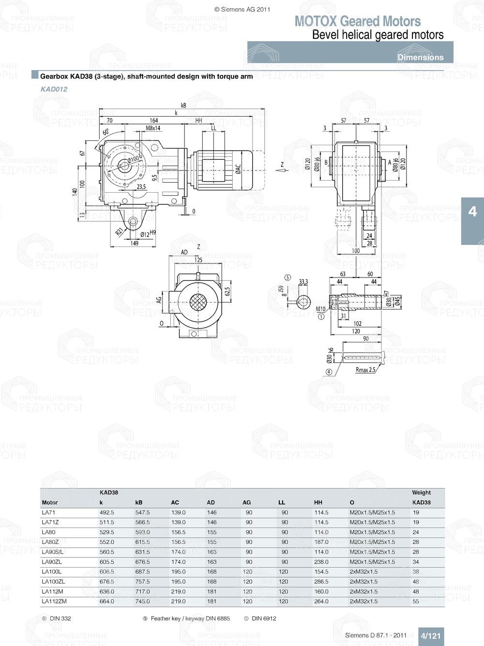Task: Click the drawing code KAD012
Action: pos(54,89)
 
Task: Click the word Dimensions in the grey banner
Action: pos(420,57)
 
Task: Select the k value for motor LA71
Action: pos(106,512)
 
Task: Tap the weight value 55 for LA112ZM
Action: pos(416,601)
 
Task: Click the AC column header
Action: pos(175,503)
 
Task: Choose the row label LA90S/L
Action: pos(52,552)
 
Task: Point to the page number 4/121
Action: pos(430,636)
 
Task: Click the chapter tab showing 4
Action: pos(472,212)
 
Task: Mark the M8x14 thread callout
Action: pos(153,128)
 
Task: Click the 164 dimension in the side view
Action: pos(153,121)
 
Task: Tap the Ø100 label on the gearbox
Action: pos(134,159)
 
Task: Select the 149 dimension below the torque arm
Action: pos(134,243)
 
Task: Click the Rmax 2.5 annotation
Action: pos(365,369)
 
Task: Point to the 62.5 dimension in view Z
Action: pos(227,292)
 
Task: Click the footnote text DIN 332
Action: pos(60,618)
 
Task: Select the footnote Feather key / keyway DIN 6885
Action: pos(190,618)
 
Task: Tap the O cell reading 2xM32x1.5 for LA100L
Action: pos(363,572)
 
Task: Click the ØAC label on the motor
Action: pos(238,169)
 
